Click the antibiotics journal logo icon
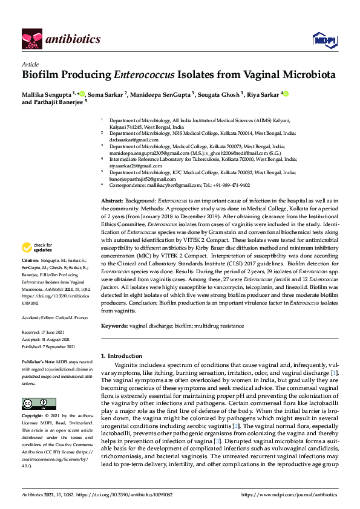point(30,40)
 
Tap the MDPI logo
point(322,40)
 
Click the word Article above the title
point(30,64)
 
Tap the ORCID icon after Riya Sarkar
point(286,94)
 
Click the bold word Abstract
point(112,199)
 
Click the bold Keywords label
point(114,325)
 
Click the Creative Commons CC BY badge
point(36,404)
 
